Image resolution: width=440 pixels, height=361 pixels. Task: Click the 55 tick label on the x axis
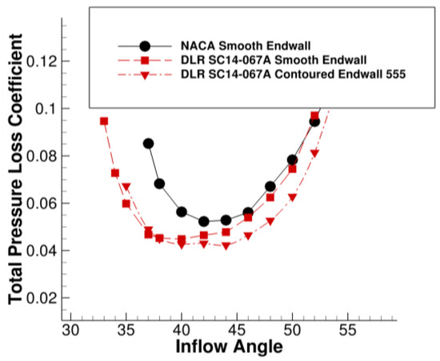point(348,331)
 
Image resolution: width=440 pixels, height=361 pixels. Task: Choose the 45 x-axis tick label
point(238,331)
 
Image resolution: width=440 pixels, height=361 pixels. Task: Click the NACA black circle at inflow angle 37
point(148,144)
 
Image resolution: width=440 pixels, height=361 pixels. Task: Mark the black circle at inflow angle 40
point(182,212)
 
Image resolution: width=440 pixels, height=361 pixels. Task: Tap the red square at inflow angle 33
point(104,121)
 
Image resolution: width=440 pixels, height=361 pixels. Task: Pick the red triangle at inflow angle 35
point(126,187)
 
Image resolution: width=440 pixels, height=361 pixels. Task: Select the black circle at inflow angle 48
point(270,186)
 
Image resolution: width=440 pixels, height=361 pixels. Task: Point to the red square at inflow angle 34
point(115,173)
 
